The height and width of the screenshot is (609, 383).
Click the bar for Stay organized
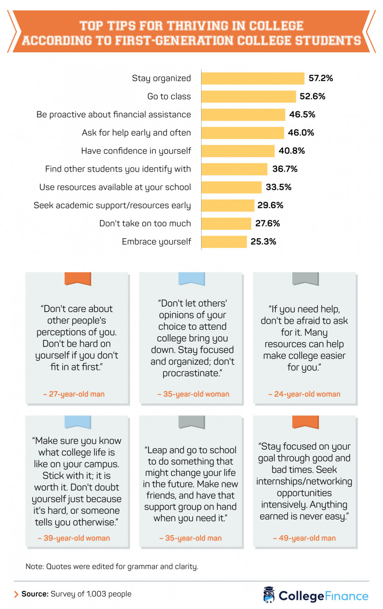tap(253, 79)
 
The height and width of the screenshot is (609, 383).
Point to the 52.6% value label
tap(312, 96)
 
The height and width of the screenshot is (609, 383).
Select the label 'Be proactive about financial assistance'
tap(114, 115)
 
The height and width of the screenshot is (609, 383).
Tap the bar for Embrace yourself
tap(224, 242)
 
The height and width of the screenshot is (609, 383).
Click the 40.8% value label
tap(292, 151)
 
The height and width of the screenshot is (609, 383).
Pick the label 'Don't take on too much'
tap(145, 224)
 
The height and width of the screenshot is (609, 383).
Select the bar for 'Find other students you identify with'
tap(234, 169)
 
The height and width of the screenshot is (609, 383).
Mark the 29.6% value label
tap(270, 205)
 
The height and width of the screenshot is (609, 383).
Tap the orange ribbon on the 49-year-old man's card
tap(305, 422)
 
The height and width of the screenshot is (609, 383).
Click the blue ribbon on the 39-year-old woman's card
tap(78, 422)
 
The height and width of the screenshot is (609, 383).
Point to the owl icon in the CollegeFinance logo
tap(269, 595)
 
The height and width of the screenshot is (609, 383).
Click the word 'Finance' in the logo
tap(346, 596)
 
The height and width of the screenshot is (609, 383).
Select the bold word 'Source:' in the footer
tap(35, 594)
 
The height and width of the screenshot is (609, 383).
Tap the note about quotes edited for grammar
tap(112, 567)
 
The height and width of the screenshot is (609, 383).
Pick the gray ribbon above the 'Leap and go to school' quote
tap(192, 422)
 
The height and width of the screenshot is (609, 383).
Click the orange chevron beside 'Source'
tap(16, 594)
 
